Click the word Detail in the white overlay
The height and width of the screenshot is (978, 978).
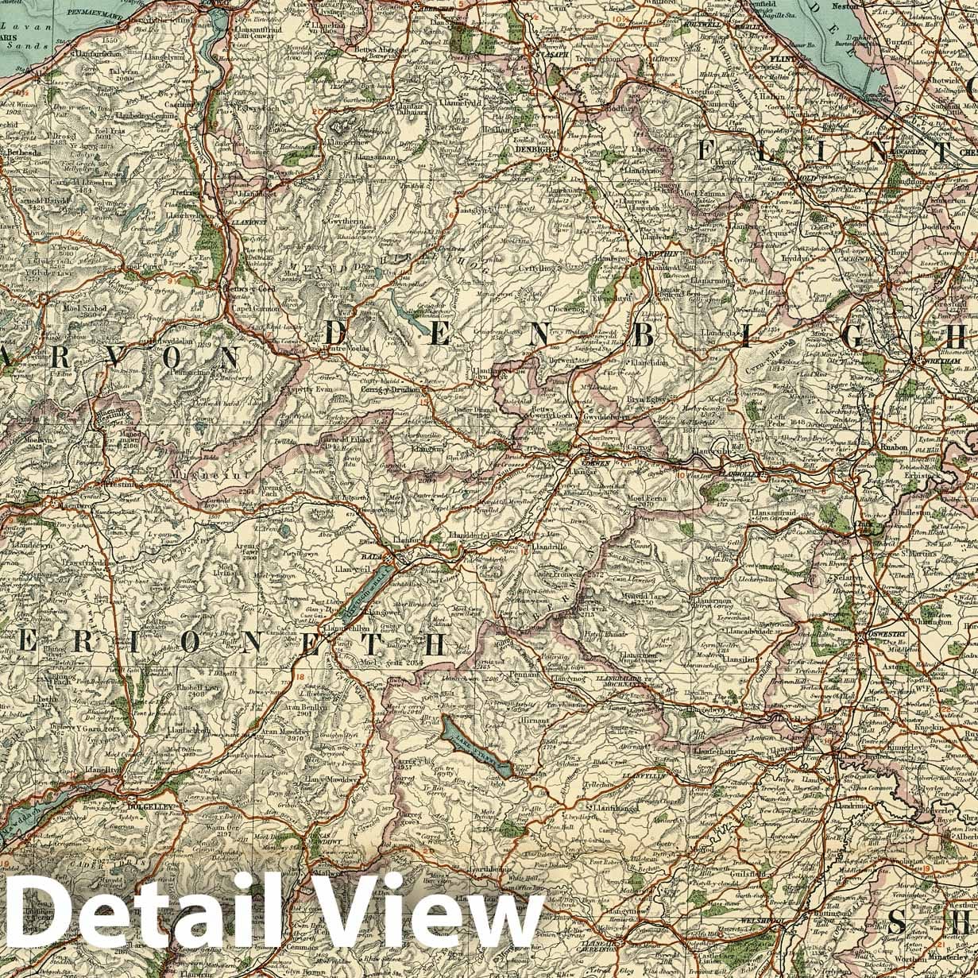(x=135, y=924)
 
